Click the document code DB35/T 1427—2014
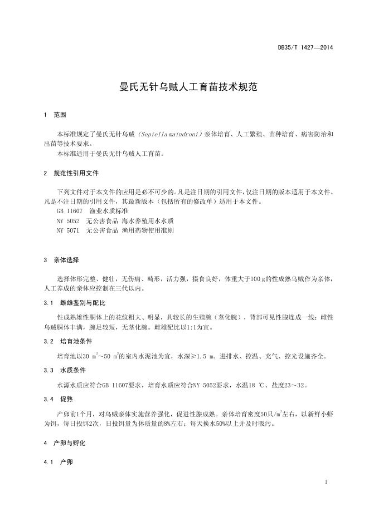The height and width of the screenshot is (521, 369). point(305,48)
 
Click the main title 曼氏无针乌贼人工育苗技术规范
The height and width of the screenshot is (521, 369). point(184,87)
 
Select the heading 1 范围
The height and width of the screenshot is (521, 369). point(55,115)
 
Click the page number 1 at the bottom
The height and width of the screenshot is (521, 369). point(326,482)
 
